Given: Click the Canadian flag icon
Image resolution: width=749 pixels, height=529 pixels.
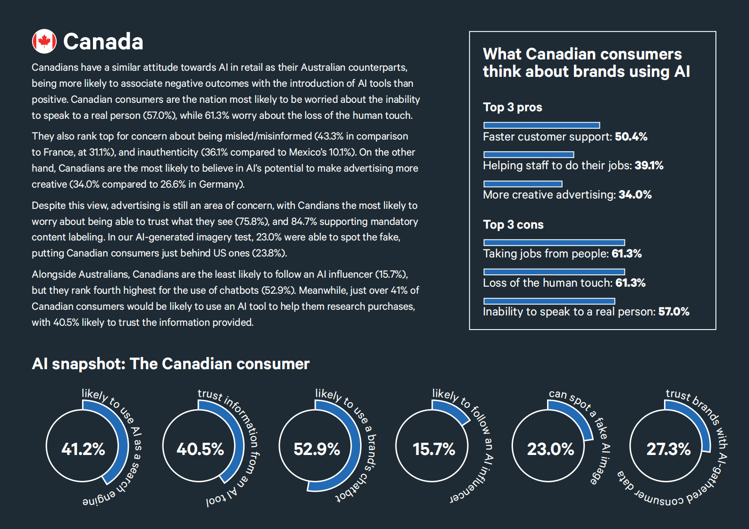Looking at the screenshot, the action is (44, 41).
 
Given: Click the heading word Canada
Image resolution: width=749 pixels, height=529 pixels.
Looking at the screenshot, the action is (103, 42).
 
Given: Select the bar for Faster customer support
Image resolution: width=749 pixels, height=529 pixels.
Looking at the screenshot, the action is (542, 125).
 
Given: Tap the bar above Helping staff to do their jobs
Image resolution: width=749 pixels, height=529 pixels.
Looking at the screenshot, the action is (529, 155).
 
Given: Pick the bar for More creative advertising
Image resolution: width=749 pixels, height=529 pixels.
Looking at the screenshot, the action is (523, 184).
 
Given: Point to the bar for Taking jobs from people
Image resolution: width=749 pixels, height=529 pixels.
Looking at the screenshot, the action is (554, 242).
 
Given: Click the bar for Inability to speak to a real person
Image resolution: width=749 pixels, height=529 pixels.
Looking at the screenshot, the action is (549, 301).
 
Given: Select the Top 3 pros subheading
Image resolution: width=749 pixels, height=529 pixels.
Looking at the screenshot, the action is (513, 107).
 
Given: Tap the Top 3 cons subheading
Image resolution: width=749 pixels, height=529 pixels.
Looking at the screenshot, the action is (513, 225).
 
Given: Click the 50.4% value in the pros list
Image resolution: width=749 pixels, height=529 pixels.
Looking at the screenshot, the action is (631, 137).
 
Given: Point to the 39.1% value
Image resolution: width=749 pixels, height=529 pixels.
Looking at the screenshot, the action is (648, 165).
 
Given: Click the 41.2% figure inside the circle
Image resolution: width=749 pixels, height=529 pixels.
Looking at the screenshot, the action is (83, 449).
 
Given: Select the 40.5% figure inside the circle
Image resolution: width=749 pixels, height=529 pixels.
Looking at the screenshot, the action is (200, 449).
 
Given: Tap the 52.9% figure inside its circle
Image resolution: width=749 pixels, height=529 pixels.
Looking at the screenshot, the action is (317, 449).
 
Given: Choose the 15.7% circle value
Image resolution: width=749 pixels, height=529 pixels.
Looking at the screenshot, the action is (434, 449).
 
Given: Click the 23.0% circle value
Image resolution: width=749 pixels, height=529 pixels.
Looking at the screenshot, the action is (550, 449).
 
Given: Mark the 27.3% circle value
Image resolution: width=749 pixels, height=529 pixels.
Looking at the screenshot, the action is (668, 449).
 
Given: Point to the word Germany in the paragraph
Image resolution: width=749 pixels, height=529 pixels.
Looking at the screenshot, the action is (219, 184).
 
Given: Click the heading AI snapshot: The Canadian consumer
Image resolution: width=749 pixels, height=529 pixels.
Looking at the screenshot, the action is (170, 364).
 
